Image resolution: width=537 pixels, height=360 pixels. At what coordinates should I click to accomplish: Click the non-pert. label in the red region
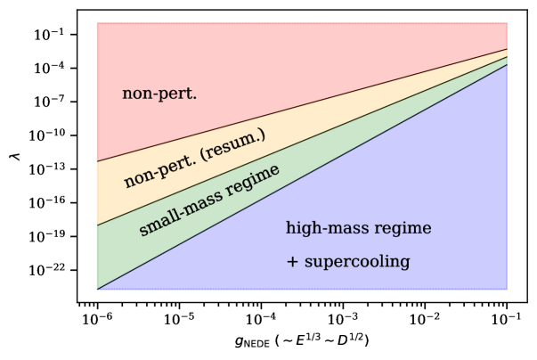click(x=159, y=94)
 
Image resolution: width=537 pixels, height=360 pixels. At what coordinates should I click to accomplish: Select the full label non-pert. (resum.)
click(x=194, y=158)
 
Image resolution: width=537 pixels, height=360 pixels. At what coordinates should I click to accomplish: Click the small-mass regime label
click(x=209, y=200)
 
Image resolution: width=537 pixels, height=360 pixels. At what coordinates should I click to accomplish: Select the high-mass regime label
click(x=358, y=229)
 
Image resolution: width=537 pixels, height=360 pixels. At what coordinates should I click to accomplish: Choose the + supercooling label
click(x=347, y=262)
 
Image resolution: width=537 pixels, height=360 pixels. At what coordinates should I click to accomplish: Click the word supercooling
click(x=357, y=262)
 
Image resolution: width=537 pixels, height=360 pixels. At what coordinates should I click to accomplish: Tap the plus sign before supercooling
click(x=292, y=263)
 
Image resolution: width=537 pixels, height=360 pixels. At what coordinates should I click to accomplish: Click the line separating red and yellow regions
click(x=302, y=105)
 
